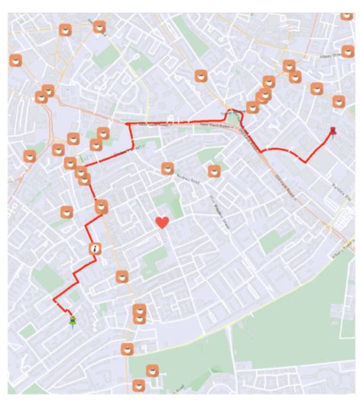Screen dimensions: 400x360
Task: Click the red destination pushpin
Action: [333, 132]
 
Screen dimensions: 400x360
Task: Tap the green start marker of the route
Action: [72, 322]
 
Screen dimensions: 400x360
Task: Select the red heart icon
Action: [162, 222]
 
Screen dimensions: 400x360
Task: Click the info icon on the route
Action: [95, 248]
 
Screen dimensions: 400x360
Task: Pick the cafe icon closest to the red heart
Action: [167, 169]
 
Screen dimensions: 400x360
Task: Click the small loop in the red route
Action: [236, 115]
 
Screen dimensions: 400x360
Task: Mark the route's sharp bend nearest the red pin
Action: [306, 160]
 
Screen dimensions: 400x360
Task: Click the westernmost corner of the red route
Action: [54, 301]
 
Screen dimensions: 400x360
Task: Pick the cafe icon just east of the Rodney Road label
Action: [215, 172]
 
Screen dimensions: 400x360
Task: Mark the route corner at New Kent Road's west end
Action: [126, 123]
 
